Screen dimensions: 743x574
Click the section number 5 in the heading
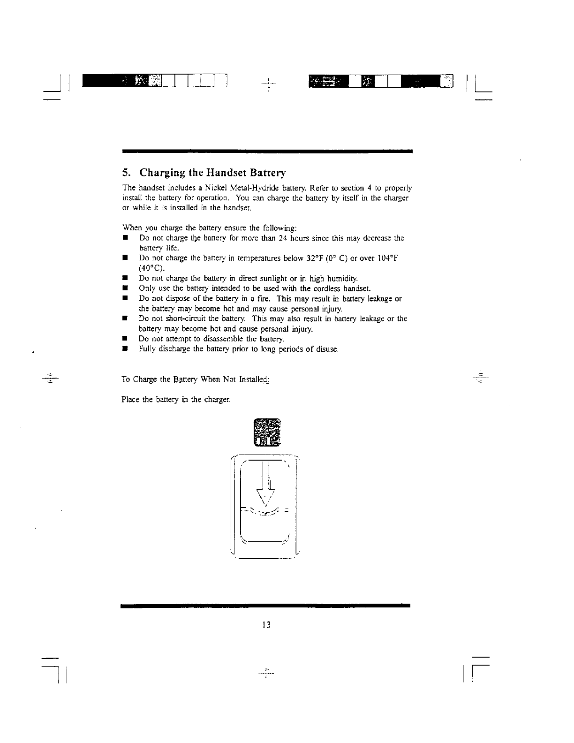[124, 173]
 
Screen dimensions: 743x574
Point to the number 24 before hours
[282, 238]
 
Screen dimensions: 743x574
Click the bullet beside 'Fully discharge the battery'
[125, 349]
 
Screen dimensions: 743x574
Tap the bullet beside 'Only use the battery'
[125, 288]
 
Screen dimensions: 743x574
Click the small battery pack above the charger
[266, 432]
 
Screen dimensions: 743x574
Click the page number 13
[266, 625]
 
